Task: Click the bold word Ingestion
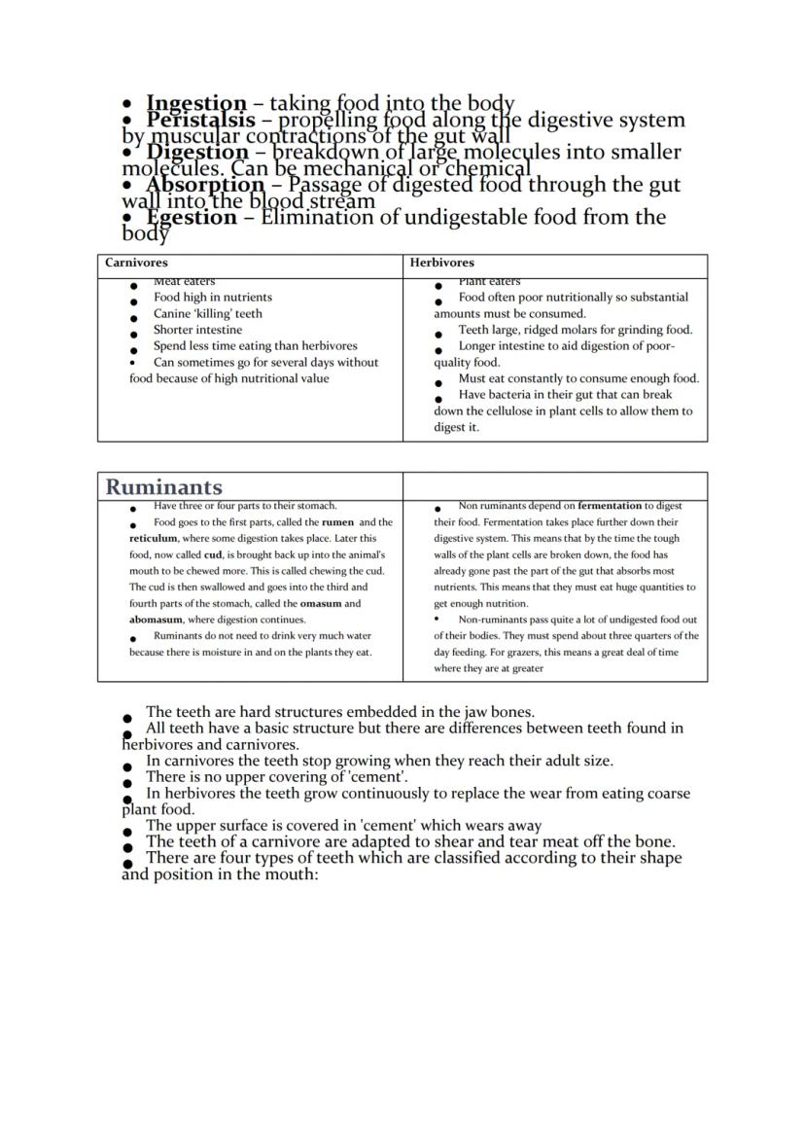(196, 103)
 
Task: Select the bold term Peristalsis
(200, 120)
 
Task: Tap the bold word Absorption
(205, 184)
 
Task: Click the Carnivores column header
(136, 263)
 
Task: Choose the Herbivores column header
(441, 263)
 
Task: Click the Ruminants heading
(163, 486)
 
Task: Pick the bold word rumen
(337, 522)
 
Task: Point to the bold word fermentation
(610, 506)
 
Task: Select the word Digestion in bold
(197, 152)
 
